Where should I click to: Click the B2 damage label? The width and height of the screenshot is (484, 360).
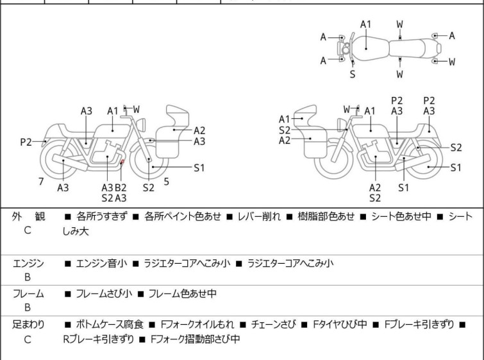[x=120, y=187]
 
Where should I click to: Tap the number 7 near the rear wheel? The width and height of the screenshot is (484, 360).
[x=41, y=182]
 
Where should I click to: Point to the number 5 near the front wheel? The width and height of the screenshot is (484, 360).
[x=166, y=182]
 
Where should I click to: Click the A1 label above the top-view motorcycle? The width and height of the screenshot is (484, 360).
[x=365, y=24]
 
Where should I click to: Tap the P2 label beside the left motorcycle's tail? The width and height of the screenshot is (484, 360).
[x=26, y=142]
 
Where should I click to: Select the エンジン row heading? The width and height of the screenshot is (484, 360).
[x=29, y=263]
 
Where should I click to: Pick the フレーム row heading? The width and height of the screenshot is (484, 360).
[x=29, y=294]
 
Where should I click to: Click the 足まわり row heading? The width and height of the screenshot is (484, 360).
[x=29, y=325]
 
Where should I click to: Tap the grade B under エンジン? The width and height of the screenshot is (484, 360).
[x=28, y=277]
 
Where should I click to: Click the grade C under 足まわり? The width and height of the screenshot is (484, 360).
[x=28, y=339]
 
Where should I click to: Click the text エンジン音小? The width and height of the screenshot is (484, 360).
[x=101, y=263]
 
